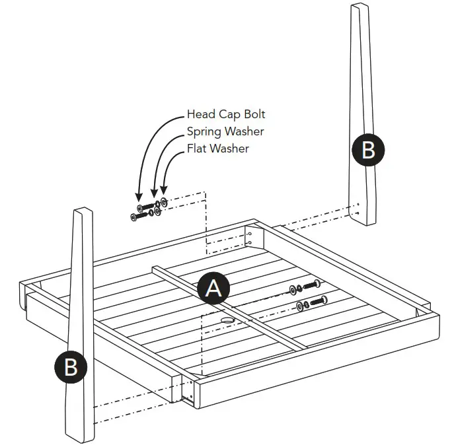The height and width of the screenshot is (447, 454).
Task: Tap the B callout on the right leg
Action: point(368,150)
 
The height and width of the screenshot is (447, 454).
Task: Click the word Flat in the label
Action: point(197,149)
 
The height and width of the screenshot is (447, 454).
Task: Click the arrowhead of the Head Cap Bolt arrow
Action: point(139,197)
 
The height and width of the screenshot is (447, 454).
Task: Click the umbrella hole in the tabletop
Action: point(227,320)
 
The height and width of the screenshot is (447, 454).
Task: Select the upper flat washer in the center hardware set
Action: point(292,290)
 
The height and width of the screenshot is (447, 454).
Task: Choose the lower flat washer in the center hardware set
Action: point(300,306)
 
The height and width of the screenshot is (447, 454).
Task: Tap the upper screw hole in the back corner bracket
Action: point(250,234)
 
